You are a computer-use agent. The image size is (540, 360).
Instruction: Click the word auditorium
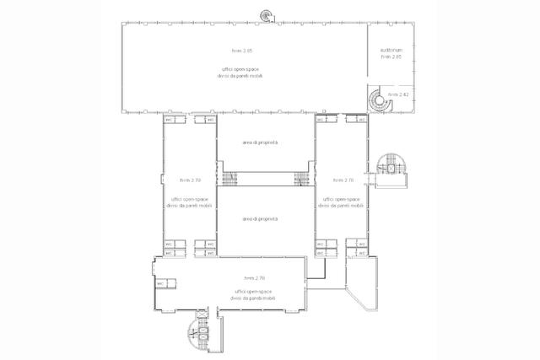pos(391,51)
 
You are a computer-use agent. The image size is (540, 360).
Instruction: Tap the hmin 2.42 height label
pos(398,94)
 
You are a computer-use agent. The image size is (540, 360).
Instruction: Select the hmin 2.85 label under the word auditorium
pos(391,57)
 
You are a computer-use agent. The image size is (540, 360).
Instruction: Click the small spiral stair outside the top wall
pos(267,15)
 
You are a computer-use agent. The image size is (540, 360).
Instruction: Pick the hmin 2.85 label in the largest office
pos(242,51)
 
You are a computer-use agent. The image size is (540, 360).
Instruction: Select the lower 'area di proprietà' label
pos(260,218)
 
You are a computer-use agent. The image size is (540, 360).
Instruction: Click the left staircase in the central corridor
pos(227,179)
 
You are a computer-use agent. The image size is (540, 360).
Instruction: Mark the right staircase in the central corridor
pos(300,179)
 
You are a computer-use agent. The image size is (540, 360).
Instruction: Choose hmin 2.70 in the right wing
pos(343,180)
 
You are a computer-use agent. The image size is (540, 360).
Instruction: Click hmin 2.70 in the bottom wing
pos(255,277)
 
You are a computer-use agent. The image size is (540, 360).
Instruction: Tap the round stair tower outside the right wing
pos(392,167)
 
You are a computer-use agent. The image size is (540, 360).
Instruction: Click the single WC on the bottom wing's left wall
pos(159,283)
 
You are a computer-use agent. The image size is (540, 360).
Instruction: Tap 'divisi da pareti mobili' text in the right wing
pos(343,205)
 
